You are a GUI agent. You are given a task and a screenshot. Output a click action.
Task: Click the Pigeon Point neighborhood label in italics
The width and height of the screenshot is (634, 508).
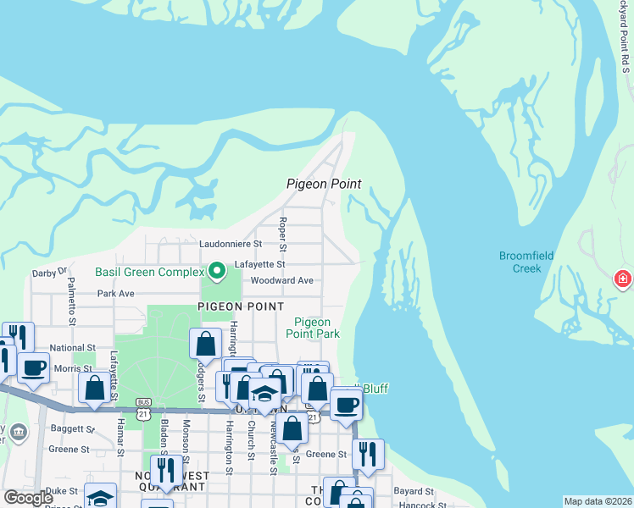click(324, 184)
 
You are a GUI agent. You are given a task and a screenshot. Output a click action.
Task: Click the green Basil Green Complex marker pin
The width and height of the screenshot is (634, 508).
click(217, 271)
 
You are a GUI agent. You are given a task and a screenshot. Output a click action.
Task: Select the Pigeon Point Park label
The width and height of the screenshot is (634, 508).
click(317, 328)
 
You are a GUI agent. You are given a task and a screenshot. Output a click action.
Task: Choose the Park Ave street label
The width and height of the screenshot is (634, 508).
click(116, 294)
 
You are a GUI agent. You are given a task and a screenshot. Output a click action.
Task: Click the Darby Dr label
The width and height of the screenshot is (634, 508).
click(49, 273)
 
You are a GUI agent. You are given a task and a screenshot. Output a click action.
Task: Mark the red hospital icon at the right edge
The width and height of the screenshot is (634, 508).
click(623, 279)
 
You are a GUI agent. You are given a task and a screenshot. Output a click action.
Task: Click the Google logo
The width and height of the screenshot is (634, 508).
click(28, 498)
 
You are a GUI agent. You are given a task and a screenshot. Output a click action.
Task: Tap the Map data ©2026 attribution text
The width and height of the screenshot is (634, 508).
click(598, 501)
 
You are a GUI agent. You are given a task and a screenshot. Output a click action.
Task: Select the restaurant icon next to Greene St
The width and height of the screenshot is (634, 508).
click(368, 455)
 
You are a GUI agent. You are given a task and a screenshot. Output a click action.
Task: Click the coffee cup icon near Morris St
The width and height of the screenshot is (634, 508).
click(33, 367)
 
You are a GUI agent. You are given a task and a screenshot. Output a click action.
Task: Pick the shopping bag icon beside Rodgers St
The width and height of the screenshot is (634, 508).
click(205, 344)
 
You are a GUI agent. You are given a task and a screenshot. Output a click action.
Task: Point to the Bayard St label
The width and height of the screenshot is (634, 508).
click(414, 491)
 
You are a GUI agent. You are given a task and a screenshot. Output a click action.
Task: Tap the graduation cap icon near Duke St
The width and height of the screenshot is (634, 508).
click(100, 498)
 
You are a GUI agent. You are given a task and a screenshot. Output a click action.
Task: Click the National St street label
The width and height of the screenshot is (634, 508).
click(72, 348)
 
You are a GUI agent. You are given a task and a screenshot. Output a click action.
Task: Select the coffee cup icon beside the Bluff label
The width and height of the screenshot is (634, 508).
click(346, 404)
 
